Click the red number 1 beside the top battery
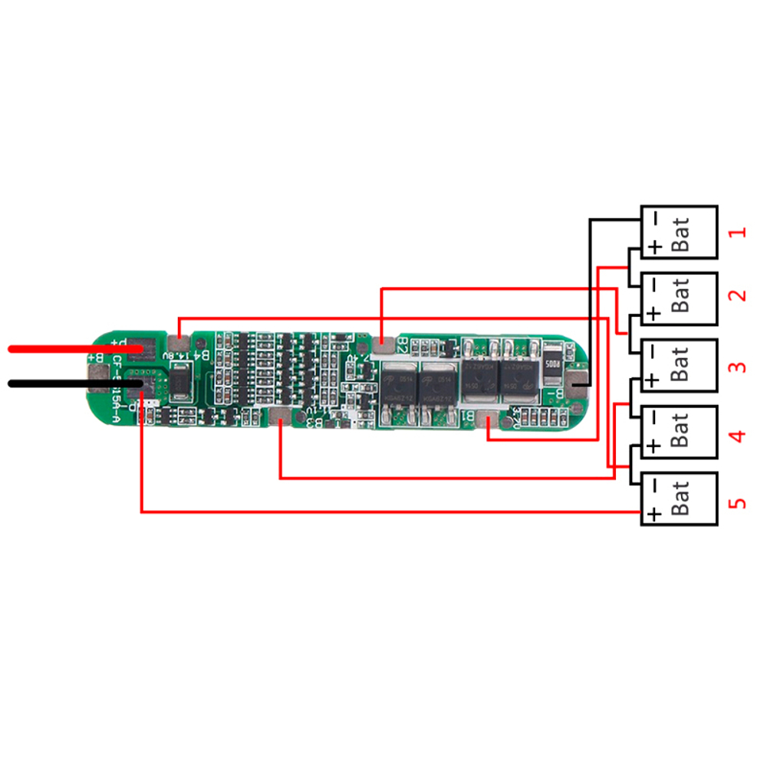coord(737,232)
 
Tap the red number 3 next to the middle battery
coord(737,365)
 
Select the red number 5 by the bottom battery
coord(737,503)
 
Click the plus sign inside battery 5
coord(653,514)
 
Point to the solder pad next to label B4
coord(179,347)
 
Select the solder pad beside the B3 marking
coord(281,418)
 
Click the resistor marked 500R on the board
coord(553,364)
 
